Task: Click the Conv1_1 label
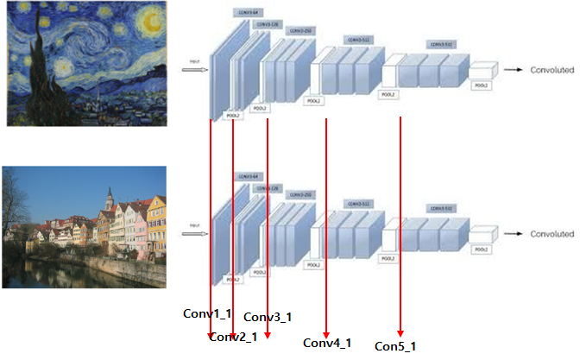coord(207,313)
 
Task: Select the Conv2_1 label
coord(233,337)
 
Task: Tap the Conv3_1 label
coord(268,317)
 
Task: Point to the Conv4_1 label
coord(327,343)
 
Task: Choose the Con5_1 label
coord(395,346)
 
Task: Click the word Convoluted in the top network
coord(552,69)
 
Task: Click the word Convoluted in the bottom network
coord(552,234)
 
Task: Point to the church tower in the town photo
coord(109,200)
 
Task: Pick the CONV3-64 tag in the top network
coord(244,12)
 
